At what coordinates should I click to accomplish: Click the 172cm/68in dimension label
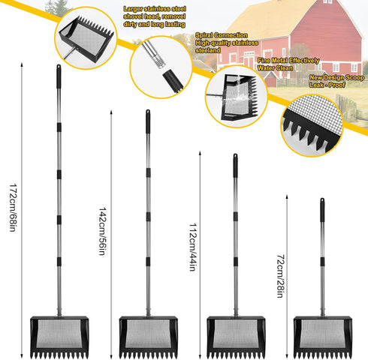tap(13, 208)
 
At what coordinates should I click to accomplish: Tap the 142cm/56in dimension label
tap(102, 231)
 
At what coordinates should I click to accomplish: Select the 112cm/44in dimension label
tap(192, 247)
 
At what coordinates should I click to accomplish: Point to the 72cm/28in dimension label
tap(280, 276)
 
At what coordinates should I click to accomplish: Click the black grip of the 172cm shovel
tap(59, 76)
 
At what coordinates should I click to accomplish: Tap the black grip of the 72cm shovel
tap(322, 210)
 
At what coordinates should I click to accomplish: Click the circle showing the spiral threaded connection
tap(161, 67)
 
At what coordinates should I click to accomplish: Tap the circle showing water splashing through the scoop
tap(237, 97)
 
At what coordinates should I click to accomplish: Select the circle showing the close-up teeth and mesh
tap(312, 126)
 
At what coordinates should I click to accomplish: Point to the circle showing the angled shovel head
tap(86, 38)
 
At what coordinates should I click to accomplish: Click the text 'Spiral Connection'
tap(222, 35)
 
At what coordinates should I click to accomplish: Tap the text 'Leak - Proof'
tap(327, 85)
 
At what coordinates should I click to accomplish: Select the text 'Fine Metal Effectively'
tap(288, 61)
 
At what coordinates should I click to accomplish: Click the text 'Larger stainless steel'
tap(155, 9)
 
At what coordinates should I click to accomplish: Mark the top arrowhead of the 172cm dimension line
tap(22, 64)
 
